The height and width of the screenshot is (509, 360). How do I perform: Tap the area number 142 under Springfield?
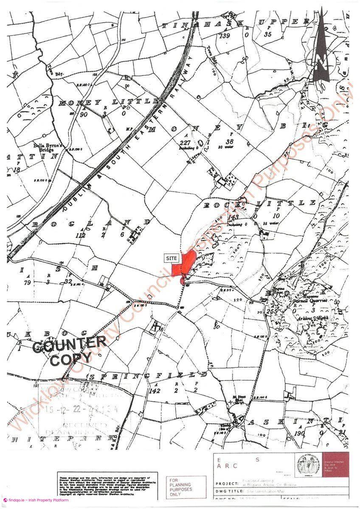coord(155,391)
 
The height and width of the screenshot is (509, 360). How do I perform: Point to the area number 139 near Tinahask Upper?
coord(225,36)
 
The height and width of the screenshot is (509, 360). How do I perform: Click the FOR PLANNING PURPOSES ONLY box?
coord(180,487)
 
